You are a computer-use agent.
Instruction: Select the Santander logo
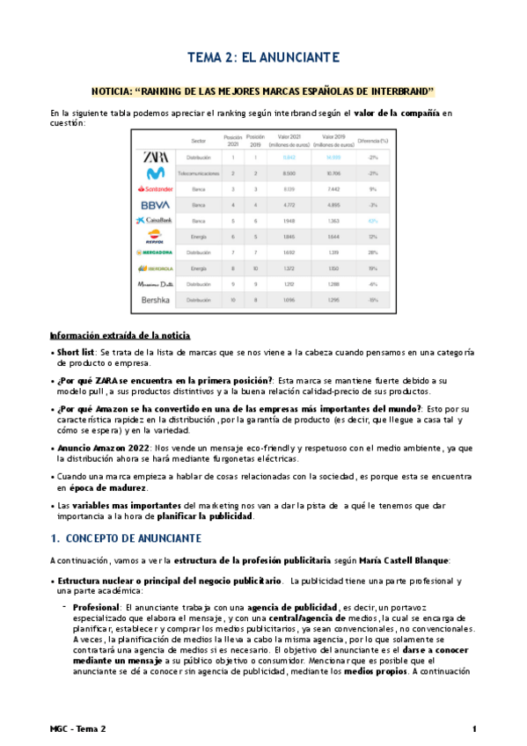tap(155, 189)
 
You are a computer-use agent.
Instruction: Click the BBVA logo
tap(155, 204)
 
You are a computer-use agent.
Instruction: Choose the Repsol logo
tap(155, 236)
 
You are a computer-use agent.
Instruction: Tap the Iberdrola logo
tap(155, 268)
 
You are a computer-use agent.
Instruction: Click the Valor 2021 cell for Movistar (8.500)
tap(289, 173)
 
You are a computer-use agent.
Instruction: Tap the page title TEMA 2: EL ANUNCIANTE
tap(263, 58)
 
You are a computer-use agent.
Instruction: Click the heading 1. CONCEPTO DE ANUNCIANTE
tap(127, 538)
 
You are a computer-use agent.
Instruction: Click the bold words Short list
tap(77, 352)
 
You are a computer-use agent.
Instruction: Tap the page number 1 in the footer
tap(474, 729)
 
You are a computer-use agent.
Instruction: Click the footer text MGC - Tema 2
tap(77, 729)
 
